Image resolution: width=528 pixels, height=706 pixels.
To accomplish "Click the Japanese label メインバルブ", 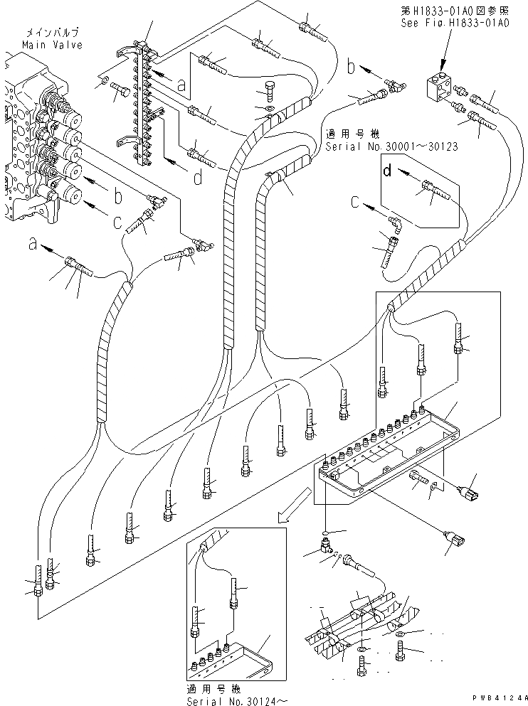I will coord(51,33).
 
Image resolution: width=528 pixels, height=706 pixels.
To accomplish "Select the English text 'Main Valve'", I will coord(51,44).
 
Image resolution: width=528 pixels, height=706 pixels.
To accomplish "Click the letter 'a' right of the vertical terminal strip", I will coord(181,85).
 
